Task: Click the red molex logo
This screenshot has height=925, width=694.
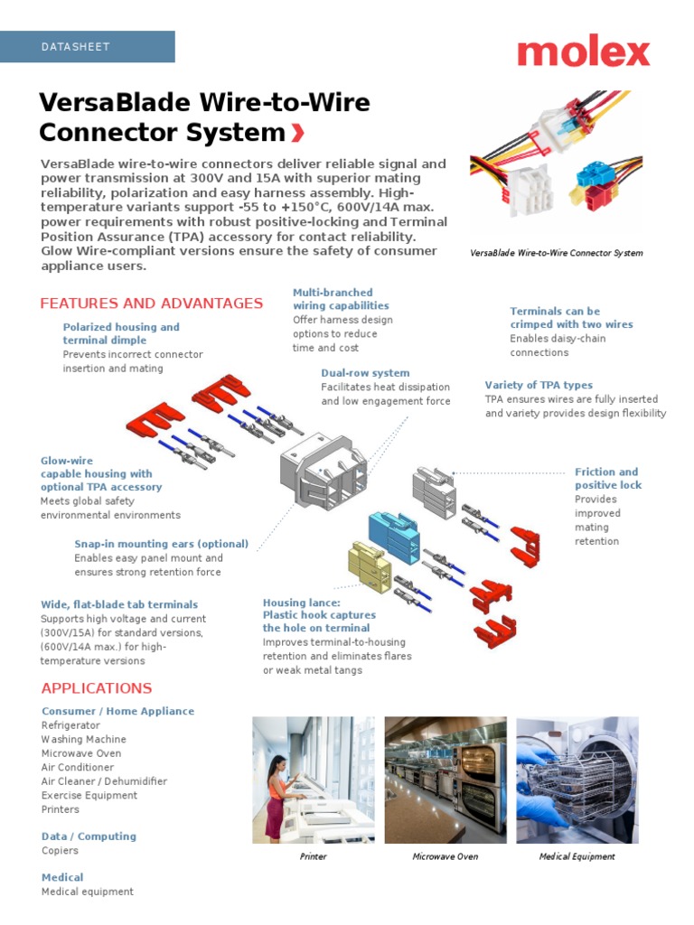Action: point(583,52)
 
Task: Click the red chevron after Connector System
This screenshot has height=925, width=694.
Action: point(298,134)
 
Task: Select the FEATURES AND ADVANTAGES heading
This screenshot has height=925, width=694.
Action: point(152,304)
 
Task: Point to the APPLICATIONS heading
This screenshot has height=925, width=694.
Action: point(97,688)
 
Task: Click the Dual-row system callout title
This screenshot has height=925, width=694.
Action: point(365,373)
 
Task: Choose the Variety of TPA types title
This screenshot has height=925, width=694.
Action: point(539,386)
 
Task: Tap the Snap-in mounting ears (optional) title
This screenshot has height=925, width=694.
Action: point(161,545)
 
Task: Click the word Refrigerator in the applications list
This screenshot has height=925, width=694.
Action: point(70,725)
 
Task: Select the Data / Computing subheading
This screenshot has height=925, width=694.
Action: point(89,836)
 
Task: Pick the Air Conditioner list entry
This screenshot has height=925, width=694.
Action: point(78,768)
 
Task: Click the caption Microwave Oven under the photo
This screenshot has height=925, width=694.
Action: point(445,856)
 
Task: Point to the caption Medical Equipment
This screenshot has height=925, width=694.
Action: point(577,856)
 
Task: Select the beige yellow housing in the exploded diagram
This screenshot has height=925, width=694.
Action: point(370,566)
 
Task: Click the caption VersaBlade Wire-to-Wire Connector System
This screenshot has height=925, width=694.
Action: point(557,253)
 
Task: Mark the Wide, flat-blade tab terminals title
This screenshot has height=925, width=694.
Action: point(119,605)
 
